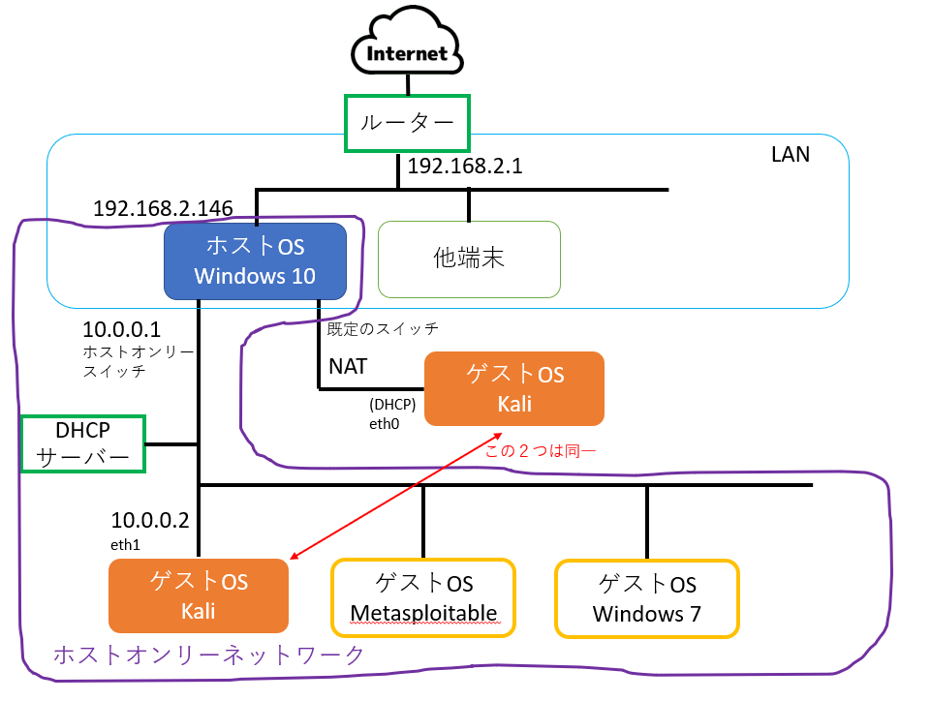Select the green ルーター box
(407, 123)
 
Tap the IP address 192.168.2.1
(465, 167)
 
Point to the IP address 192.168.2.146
(162, 208)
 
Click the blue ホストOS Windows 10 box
(255, 260)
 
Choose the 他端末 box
(469, 259)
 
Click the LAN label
(791, 154)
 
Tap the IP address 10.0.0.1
(122, 330)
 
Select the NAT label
(348, 367)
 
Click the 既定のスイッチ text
(383, 329)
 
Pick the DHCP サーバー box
(83, 443)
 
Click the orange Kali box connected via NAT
(514, 388)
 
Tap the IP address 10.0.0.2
(149, 521)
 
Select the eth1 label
(125, 545)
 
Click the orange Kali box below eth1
(199, 595)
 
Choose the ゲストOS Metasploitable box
(423, 597)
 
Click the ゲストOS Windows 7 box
(646, 597)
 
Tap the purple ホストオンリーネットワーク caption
(208, 655)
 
